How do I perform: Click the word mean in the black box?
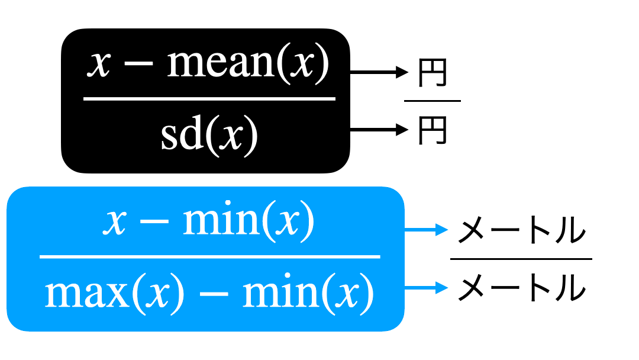tap(221, 63)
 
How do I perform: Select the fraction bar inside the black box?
tap(209, 99)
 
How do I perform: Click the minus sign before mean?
tap(138, 64)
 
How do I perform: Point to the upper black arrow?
tap(379, 72)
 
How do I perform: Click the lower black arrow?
tap(379, 130)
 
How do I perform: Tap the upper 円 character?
tap(433, 73)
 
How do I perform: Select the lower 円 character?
tap(433, 130)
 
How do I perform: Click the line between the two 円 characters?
tap(433, 101)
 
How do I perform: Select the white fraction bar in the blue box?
tap(210, 257)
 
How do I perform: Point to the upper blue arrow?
tap(426, 230)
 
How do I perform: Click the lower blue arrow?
tap(426, 288)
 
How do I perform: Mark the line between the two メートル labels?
tap(521, 259)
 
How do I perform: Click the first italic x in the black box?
tap(99, 65)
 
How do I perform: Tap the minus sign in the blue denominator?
tap(214, 294)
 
